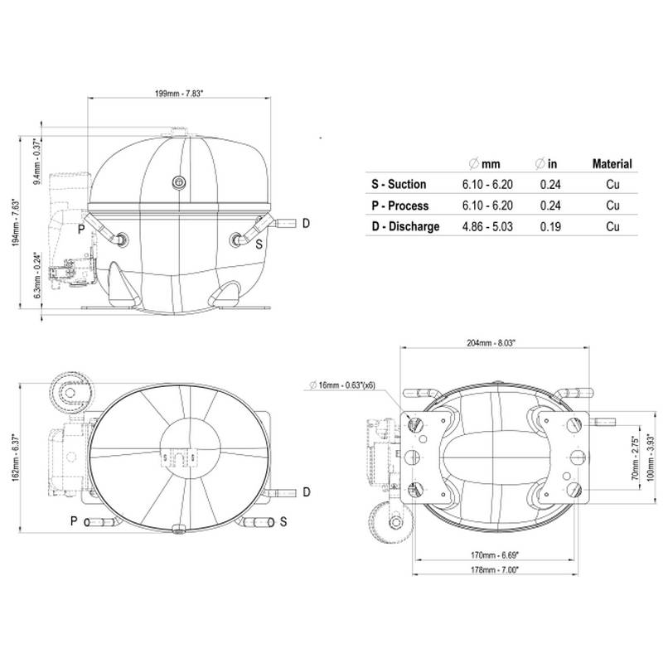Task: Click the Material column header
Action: coord(612,164)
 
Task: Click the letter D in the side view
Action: coord(306,223)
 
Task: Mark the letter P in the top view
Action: coord(74,520)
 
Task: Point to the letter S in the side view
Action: coord(259,244)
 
